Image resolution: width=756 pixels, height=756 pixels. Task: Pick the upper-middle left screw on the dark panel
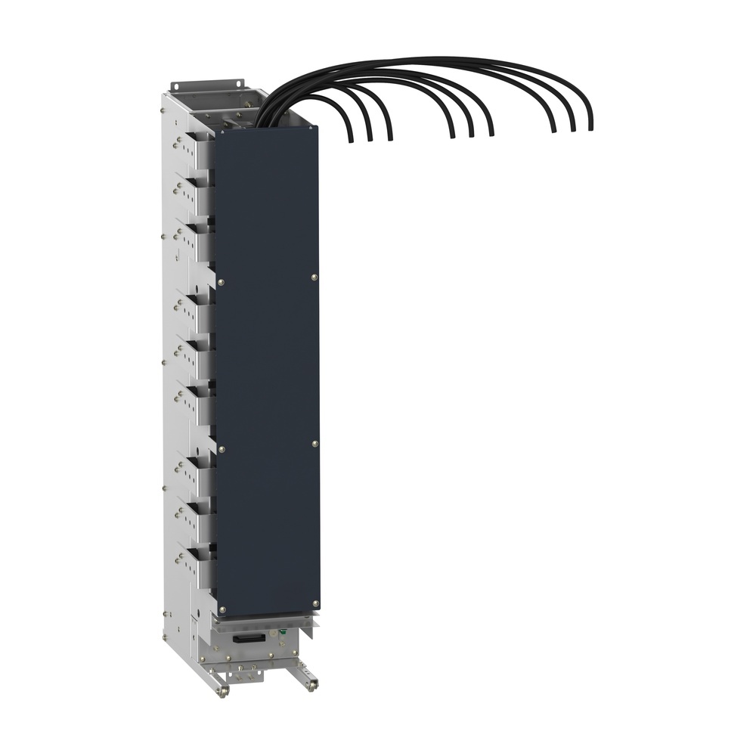220,283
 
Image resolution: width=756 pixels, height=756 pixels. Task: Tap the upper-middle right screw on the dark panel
314,278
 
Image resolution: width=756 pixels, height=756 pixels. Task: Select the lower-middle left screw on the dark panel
221,449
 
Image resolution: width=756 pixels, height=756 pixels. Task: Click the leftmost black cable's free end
351,140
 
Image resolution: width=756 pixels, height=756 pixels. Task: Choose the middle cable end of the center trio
471,135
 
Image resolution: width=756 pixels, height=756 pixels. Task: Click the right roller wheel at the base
311,686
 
